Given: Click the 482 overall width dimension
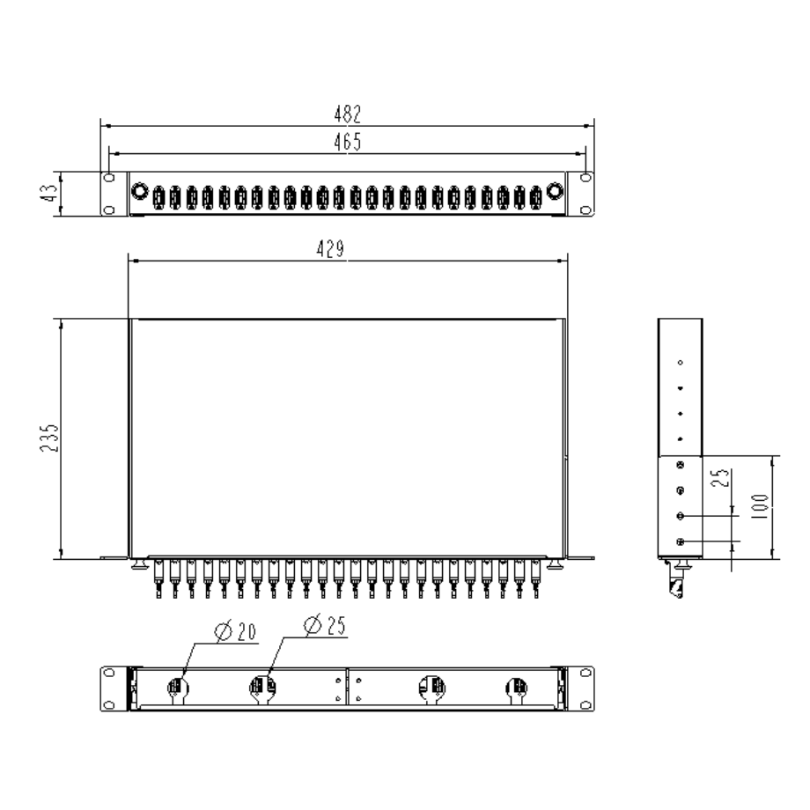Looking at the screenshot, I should pos(348,114).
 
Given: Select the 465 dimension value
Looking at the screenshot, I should pos(347,142).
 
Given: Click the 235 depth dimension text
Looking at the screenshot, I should pos(50,438).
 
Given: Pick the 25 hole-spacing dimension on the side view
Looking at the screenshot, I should pos(721,479).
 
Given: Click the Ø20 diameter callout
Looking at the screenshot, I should pos(235,631).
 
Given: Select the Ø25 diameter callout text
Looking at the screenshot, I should pos(324,626).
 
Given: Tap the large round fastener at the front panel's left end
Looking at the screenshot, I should pos(139,192).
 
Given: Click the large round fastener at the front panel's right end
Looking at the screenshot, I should pos(555,192).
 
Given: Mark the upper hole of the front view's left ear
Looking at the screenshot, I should pos(109,178).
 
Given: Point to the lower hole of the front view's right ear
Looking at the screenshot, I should pos(585,208).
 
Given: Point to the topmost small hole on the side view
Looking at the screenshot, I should pos(680,362).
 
